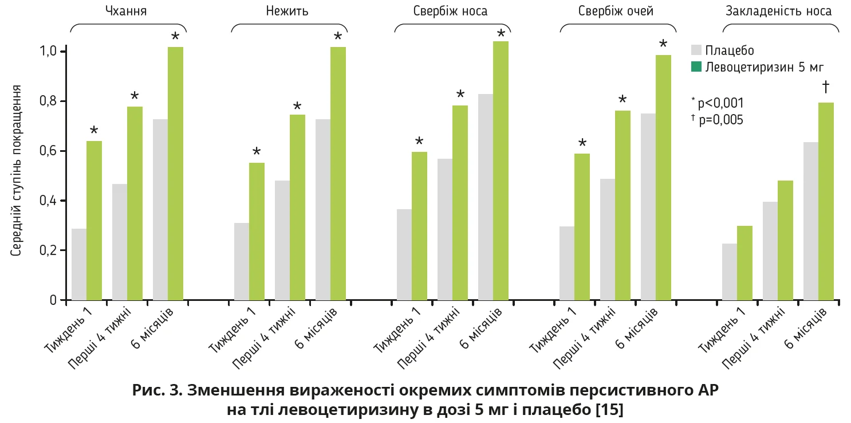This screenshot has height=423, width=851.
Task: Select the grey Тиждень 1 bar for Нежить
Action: tap(241, 261)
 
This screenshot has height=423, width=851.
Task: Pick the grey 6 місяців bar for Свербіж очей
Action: tap(648, 206)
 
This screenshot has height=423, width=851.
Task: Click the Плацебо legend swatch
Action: tap(696, 49)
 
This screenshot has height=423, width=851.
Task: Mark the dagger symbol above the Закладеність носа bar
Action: tap(826, 87)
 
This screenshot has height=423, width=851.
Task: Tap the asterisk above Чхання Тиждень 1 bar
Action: tap(94, 131)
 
